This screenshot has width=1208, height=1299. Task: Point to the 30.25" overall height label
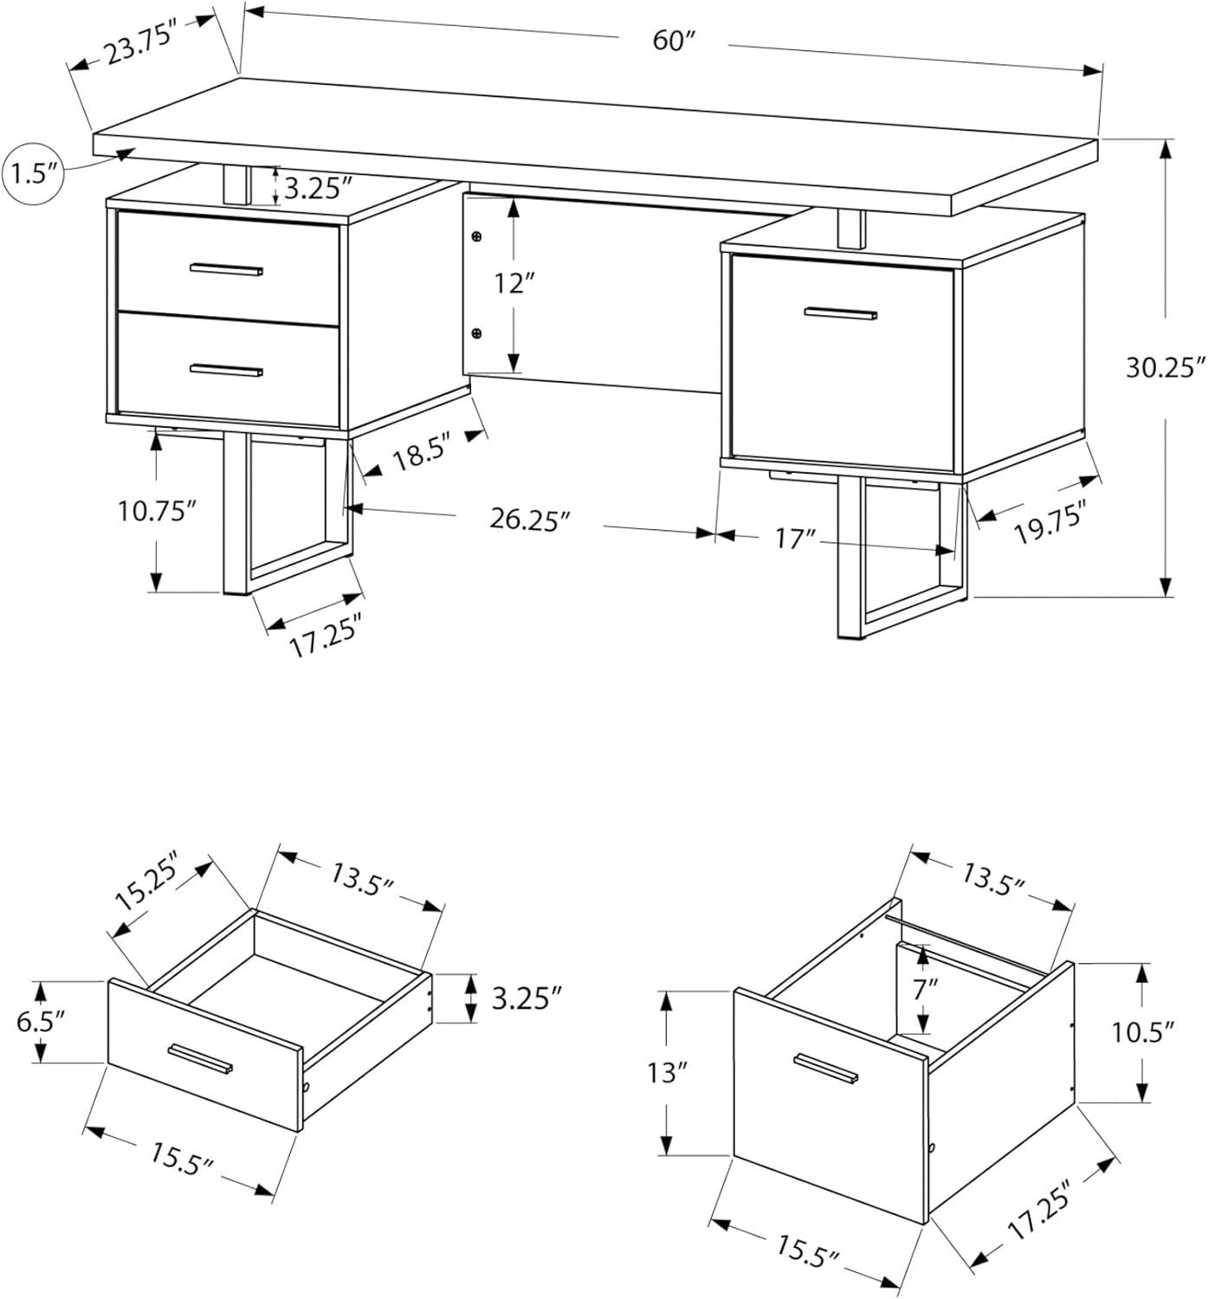point(1166,367)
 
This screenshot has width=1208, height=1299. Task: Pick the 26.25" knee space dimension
point(529,520)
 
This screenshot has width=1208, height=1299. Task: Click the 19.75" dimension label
point(1049,525)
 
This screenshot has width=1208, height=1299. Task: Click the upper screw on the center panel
point(476,236)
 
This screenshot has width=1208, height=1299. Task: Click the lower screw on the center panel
point(476,333)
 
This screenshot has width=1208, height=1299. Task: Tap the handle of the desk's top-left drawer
point(226,269)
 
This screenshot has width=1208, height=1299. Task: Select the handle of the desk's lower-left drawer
point(226,370)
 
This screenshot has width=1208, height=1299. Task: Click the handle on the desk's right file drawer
point(840,313)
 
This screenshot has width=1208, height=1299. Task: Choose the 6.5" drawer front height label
point(42,1022)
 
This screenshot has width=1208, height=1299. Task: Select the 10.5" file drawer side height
point(1143,1031)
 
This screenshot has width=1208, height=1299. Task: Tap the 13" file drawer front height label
point(667,1073)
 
